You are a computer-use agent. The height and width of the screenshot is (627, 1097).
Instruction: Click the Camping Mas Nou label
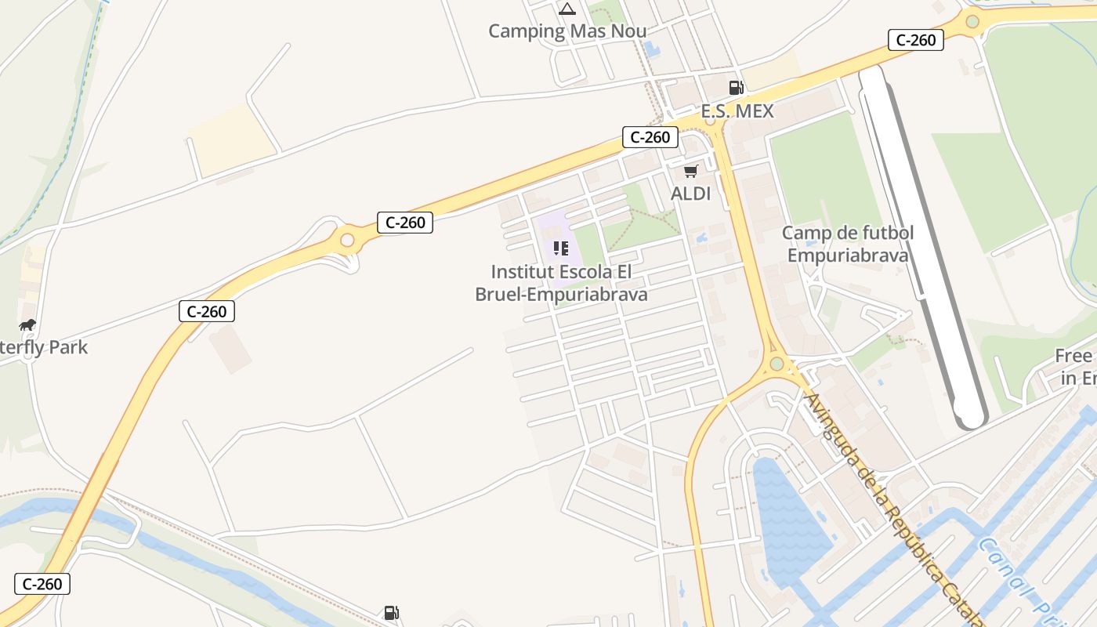coord(567,31)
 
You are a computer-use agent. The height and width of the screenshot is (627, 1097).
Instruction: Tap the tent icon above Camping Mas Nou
coord(567,9)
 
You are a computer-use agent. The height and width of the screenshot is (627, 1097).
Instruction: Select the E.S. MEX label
coord(737,111)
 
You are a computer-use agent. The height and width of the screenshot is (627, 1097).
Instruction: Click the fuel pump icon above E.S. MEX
coord(736,87)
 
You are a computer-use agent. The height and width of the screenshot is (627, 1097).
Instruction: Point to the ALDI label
coord(690,194)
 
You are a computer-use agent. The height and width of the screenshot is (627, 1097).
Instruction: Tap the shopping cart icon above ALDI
coord(690,171)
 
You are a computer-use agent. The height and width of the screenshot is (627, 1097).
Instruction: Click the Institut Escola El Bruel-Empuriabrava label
coord(561,283)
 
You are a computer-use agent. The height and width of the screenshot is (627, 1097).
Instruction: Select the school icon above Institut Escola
coord(560,248)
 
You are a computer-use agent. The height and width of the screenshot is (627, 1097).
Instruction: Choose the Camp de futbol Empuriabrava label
coord(848,244)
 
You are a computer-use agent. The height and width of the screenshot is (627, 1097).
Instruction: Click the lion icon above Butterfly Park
coord(27,324)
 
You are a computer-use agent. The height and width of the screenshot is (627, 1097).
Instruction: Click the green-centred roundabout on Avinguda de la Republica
coord(777,364)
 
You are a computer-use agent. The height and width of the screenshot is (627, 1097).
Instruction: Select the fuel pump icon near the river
coord(391,613)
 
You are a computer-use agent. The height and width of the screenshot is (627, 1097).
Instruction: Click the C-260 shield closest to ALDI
coord(650,137)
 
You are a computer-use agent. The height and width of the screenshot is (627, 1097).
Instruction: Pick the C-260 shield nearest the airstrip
coord(915,40)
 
